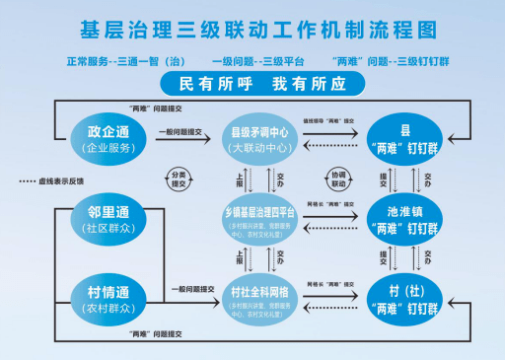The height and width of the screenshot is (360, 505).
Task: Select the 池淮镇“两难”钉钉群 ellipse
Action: pos(405,218)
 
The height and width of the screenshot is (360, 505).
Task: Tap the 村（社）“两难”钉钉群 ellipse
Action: pos(405,297)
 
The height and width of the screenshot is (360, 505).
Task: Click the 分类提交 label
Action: pos(178,179)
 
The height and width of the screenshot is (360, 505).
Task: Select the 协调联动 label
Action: pos(337,179)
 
